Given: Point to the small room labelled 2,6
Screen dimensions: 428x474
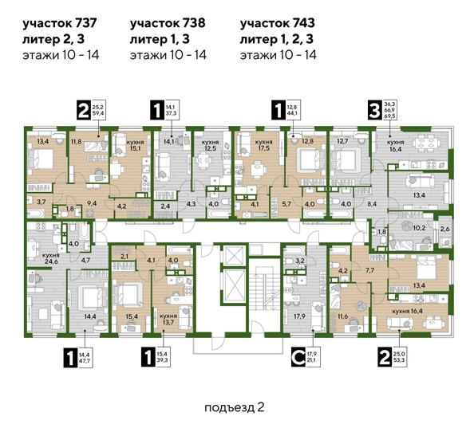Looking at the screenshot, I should point(444,230).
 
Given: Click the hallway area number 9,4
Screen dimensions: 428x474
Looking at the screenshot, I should point(91,204).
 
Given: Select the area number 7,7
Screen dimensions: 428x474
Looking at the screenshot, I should point(369,271).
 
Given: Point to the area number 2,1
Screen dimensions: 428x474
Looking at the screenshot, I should point(124,256).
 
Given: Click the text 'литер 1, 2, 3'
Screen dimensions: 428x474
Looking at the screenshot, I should point(278,39).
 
